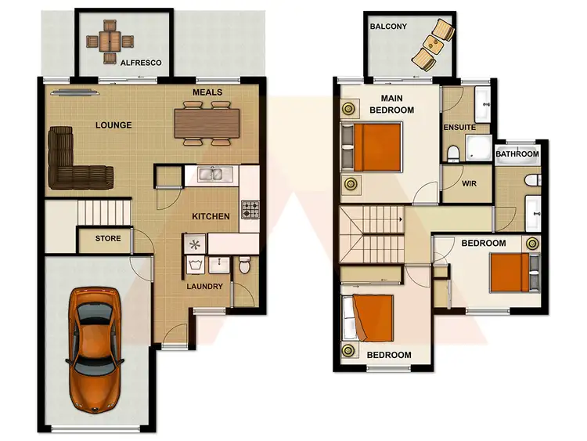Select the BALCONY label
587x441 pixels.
tap(388, 27)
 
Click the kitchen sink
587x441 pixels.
tap(210, 174)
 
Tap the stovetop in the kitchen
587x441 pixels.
tap(250, 209)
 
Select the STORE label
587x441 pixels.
tap(108, 238)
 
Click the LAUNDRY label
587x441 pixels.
tap(204, 287)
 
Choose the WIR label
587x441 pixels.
tap(470, 183)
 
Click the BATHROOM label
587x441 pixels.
tap(517, 154)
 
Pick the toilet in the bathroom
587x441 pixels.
tap(531, 181)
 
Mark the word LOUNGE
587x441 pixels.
tap(113, 125)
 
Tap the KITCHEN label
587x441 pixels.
tap(211, 217)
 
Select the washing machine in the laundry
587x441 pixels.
tap(195, 244)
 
